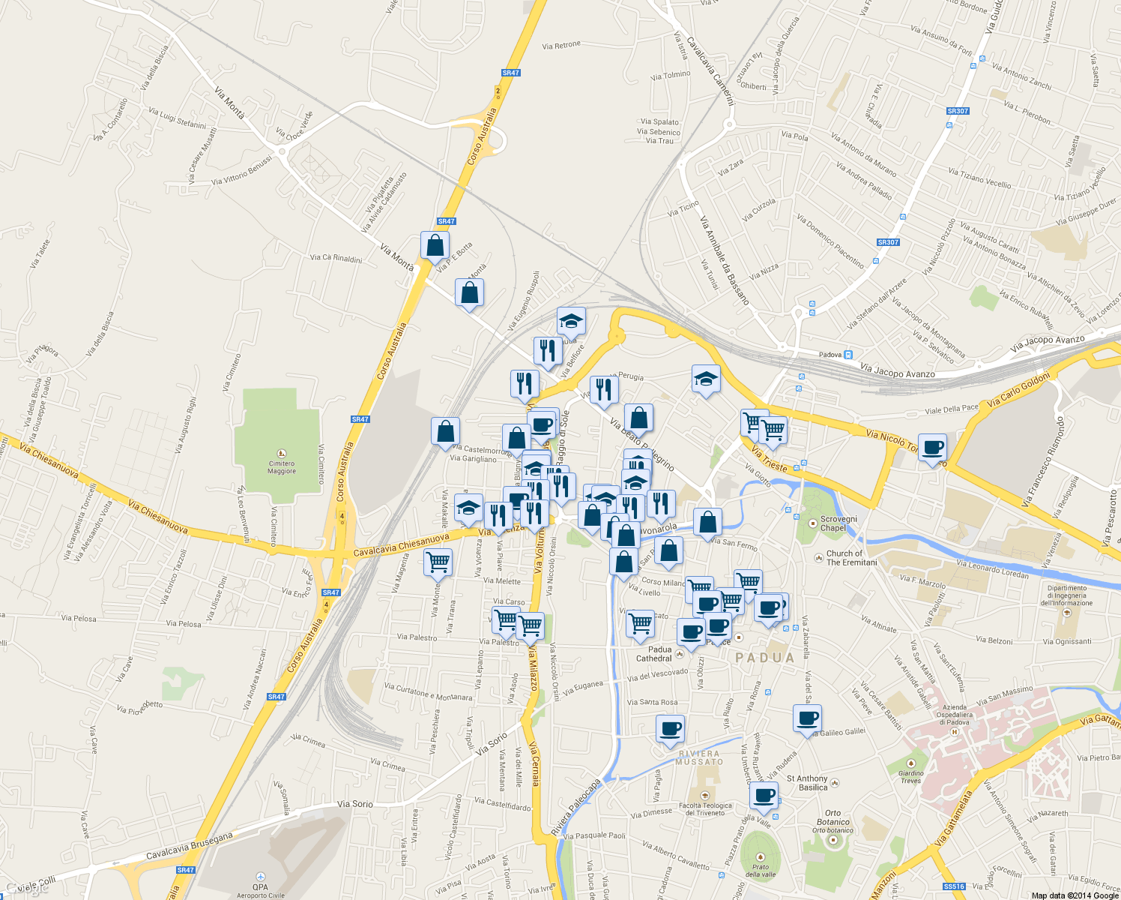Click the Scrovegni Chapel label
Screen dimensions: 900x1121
point(838,523)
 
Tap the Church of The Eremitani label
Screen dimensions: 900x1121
point(851,558)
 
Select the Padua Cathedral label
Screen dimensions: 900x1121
point(654,654)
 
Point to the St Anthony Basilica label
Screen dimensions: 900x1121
point(807,783)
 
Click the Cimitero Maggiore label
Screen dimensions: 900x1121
point(282,467)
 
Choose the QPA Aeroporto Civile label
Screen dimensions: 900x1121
point(260,890)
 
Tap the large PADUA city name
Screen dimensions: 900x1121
point(765,658)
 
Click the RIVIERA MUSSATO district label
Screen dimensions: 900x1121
point(698,757)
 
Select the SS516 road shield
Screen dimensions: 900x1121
point(954,886)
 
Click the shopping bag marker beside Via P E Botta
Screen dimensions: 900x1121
point(435,246)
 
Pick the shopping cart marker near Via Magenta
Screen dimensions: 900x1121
point(438,561)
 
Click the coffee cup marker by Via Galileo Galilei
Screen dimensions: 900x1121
point(807,719)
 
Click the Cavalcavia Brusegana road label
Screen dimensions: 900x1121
point(190,844)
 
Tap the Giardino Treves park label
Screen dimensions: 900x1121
point(910,777)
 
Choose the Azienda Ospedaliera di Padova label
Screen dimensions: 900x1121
point(955,715)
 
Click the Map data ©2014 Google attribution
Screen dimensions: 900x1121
point(1075,895)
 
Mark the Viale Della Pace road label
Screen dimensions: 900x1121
point(952,409)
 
